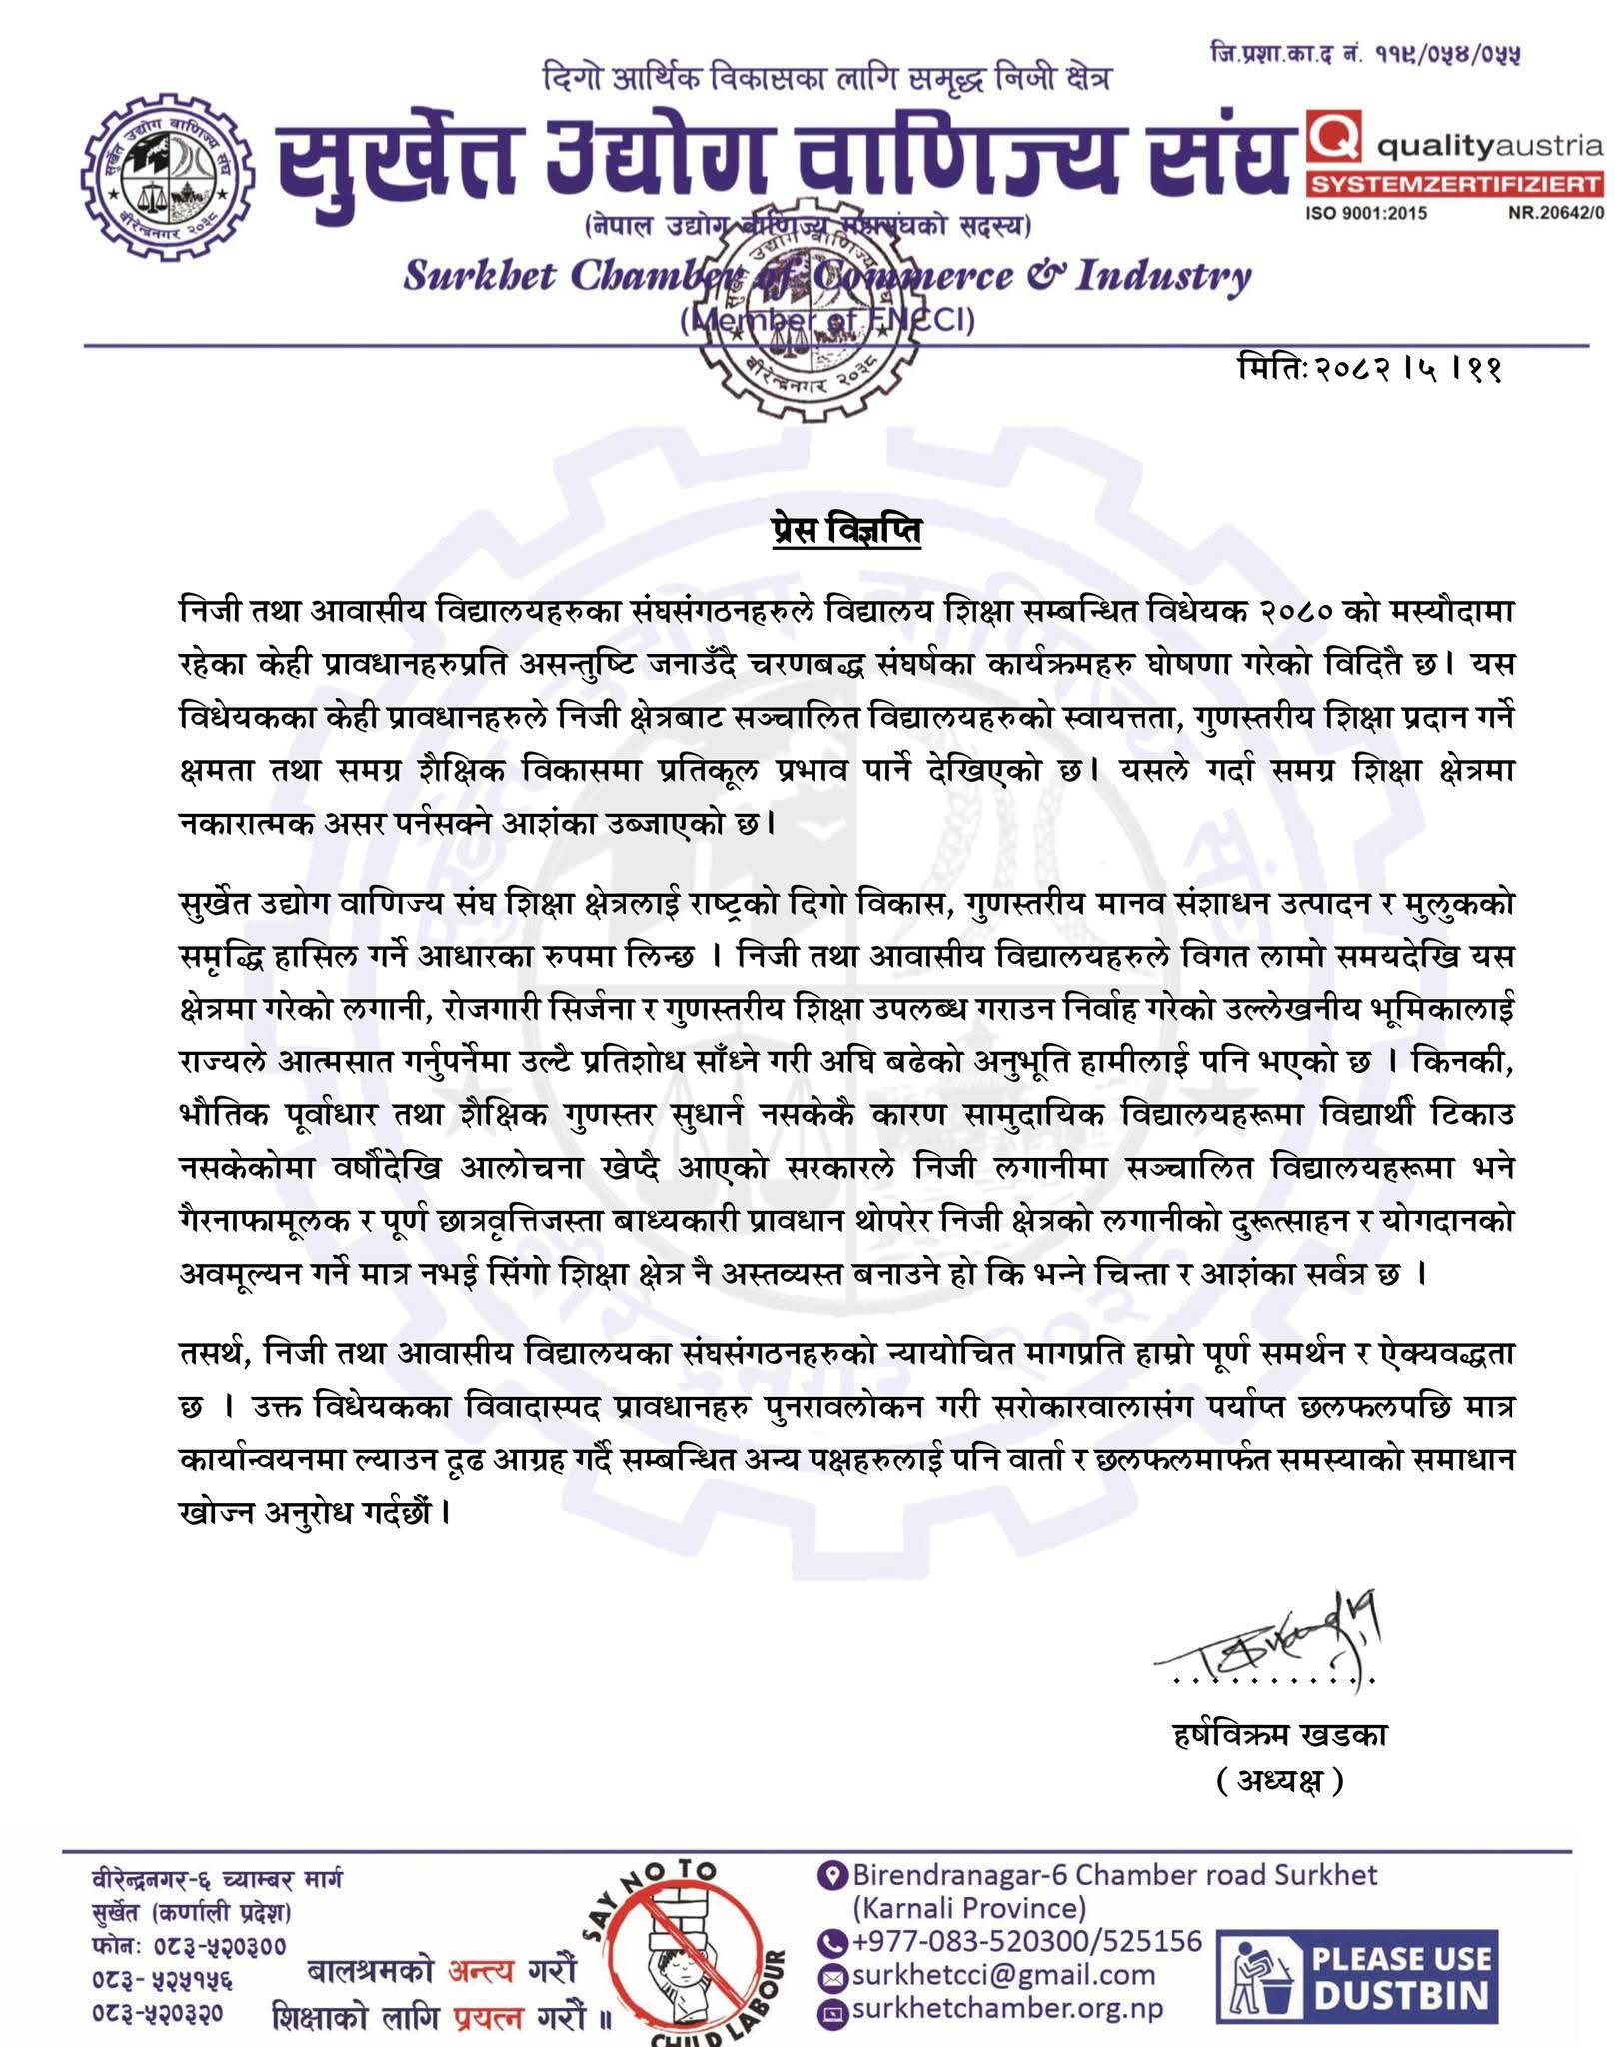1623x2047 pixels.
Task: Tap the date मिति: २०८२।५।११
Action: pyautogui.click(x=1368, y=369)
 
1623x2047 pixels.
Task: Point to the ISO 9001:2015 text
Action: pyautogui.click(x=1366, y=213)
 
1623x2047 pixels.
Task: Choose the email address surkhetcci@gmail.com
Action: pyautogui.click(x=1002, y=1975)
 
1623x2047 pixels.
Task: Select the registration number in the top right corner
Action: pyautogui.click(x=1364, y=53)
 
